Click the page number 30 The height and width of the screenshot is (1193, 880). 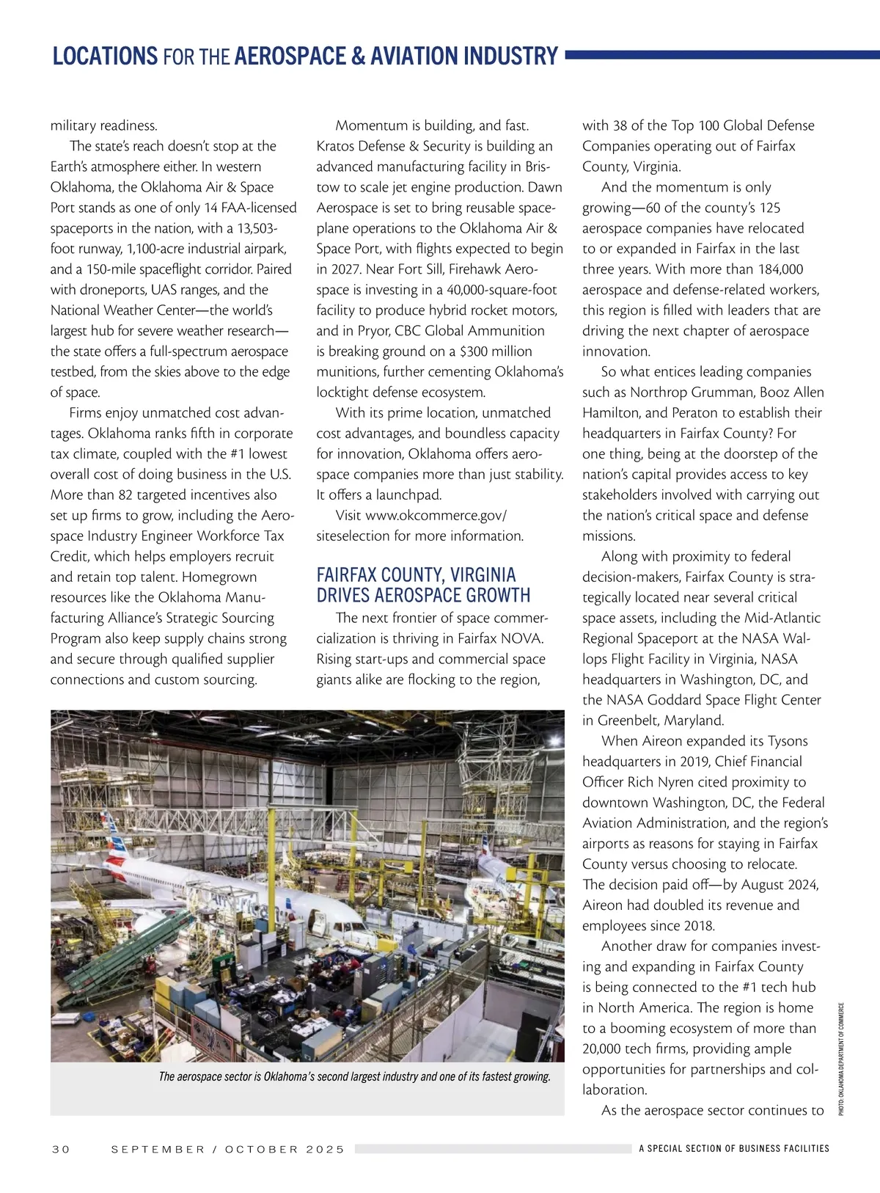coord(61,1149)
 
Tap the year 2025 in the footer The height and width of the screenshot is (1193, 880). coord(325,1149)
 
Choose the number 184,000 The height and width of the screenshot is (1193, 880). coord(776,269)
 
